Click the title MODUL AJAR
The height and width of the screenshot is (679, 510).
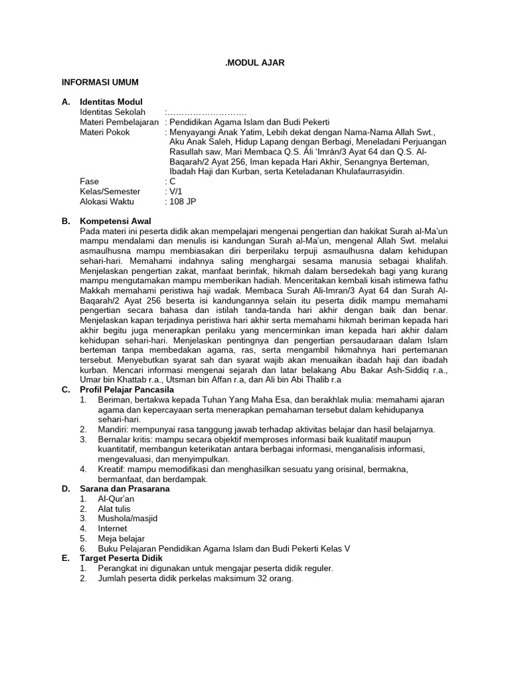point(255,62)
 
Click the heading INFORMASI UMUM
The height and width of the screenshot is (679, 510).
point(100,82)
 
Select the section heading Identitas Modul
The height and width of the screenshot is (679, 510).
point(110,103)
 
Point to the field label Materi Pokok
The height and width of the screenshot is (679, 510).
point(105,132)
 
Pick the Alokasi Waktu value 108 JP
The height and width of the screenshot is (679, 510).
point(183,201)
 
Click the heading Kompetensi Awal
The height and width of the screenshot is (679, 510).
point(115,221)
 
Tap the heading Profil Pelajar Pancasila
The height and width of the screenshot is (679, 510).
point(126,390)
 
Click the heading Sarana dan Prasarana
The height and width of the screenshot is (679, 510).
point(124,489)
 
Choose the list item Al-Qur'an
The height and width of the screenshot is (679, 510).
point(116,499)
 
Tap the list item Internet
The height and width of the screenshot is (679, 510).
point(114,528)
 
